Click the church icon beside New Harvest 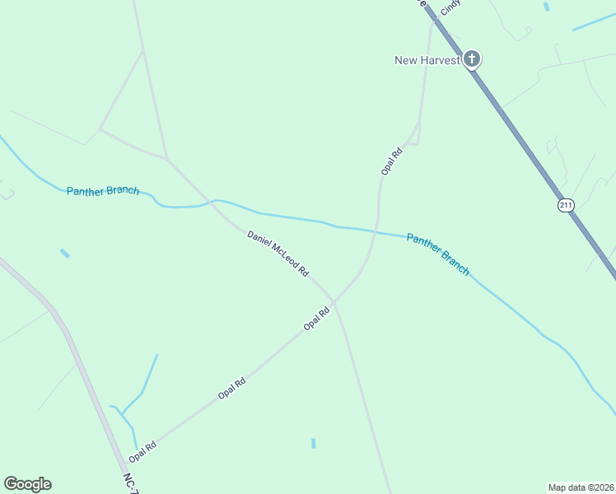click(x=471, y=58)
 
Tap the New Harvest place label click(x=427, y=60)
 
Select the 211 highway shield click(x=565, y=205)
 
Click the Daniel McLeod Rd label click(x=278, y=253)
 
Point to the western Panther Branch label click(x=103, y=190)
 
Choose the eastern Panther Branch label click(x=438, y=254)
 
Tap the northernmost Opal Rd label click(x=391, y=160)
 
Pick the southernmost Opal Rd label click(x=142, y=452)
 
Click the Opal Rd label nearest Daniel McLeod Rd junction click(x=317, y=318)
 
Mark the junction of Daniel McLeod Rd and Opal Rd click(x=334, y=302)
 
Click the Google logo click(x=27, y=484)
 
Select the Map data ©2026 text click(x=581, y=487)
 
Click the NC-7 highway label click(x=130, y=482)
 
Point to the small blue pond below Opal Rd click(x=314, y=444)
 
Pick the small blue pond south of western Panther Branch click(x=64, y=254)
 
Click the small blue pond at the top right click(x=546, y=7)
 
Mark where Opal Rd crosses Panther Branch click(x=376, y=232)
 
